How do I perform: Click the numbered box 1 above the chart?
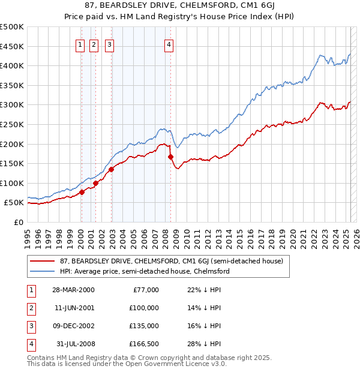tap(80, 44)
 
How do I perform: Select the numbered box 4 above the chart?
tap(169, 44)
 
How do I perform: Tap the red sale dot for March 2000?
tap(82, 192)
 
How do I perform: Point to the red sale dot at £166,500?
tap(171, 157)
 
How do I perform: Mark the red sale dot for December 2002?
tap(111, 169)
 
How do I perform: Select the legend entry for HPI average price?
tap(144, 271)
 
